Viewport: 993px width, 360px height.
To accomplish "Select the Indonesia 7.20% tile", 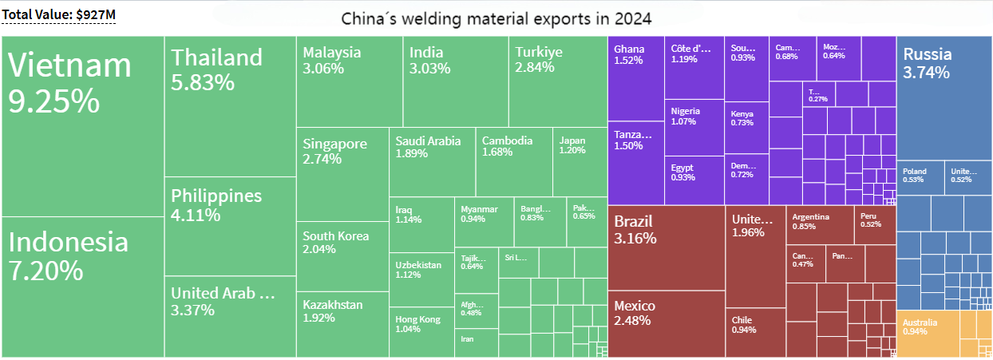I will [83, 287].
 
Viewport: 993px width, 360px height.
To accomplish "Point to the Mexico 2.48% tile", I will [666, 323].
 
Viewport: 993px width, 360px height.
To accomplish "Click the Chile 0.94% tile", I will [755, 332].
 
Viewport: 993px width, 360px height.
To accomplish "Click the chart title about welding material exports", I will [496, 19].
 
